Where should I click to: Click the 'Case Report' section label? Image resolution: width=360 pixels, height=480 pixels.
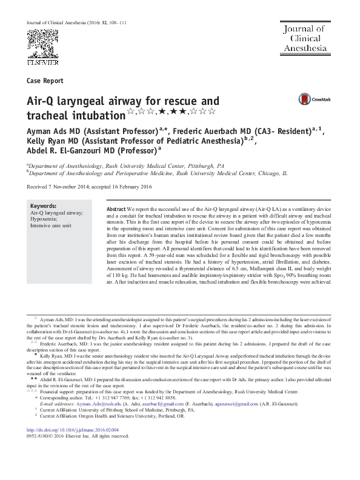45,81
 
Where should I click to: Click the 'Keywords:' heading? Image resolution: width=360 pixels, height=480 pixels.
43,207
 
